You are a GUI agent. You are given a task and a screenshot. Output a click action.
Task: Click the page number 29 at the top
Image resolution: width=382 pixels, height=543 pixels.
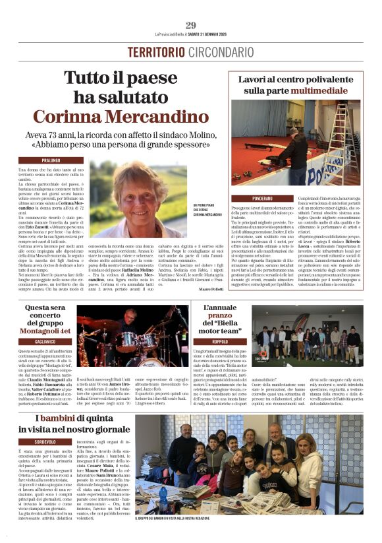pyautogui.click(x=190, y=26)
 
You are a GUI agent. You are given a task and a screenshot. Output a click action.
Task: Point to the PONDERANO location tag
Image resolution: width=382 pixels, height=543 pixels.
pyautogui.click(x=261, y=198)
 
